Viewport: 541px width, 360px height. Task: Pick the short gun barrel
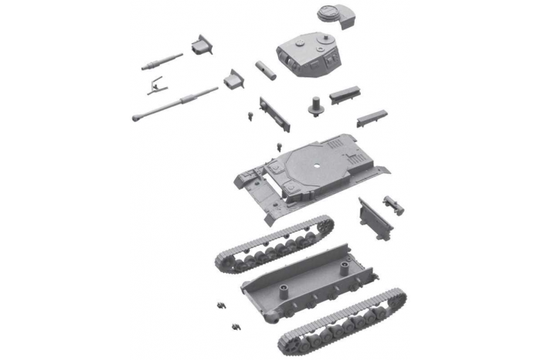[x=162, y=61]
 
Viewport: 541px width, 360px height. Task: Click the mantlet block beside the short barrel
[x=203, y=46]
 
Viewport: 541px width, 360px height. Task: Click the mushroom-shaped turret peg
[x=315, y=106]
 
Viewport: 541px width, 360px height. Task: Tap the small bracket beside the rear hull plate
[x=393, y=202]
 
